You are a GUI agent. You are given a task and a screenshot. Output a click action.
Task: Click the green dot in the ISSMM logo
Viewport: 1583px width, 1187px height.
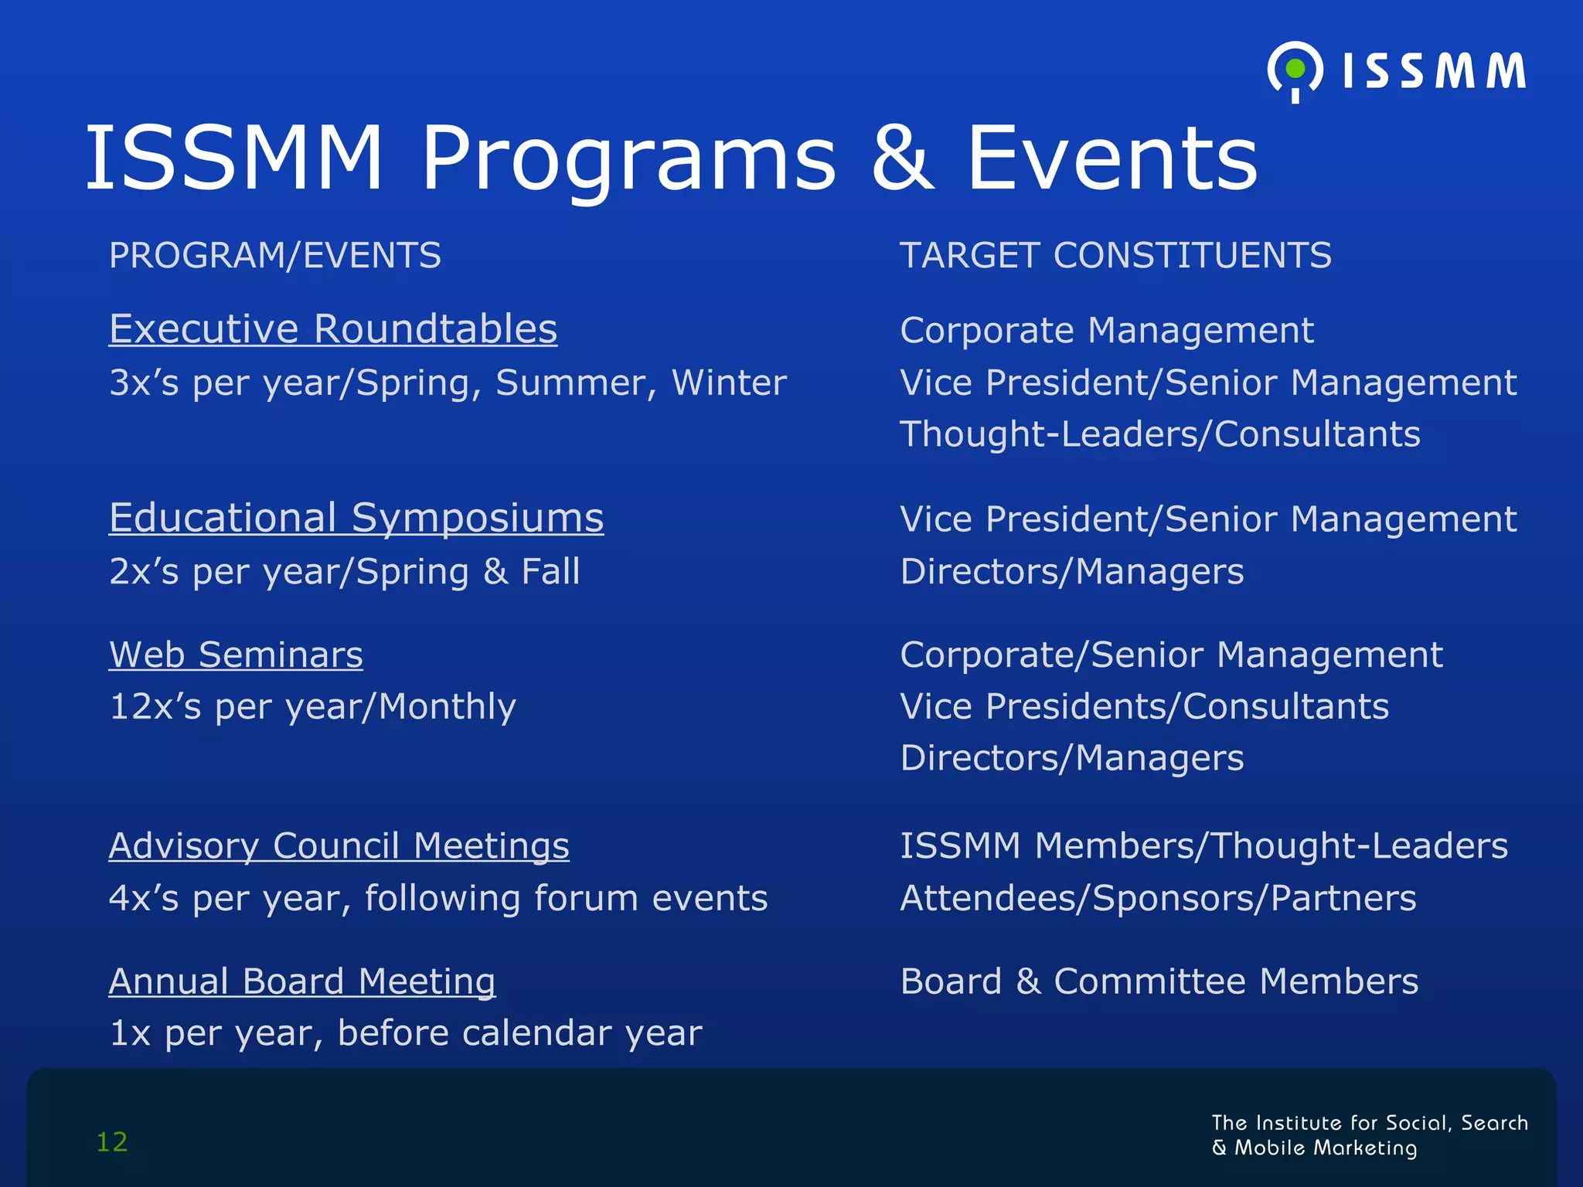[1295, 69]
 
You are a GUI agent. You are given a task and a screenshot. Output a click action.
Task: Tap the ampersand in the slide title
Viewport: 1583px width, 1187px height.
[902, 159]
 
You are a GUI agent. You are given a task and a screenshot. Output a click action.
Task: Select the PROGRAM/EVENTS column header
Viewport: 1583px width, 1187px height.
[275, 256]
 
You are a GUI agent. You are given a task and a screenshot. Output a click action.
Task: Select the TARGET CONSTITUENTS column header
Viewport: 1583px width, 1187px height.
[1115, 256]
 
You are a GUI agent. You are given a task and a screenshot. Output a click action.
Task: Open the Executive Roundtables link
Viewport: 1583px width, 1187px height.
[333, 329]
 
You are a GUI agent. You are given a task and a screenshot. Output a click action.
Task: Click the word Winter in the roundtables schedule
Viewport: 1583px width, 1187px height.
[729, 383]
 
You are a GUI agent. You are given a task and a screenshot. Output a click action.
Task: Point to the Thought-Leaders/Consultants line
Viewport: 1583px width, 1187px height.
[1159, 434]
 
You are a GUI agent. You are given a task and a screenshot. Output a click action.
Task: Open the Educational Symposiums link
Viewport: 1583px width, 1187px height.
[356, 518]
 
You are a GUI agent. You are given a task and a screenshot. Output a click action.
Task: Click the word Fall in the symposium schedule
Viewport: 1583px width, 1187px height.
[550, 572]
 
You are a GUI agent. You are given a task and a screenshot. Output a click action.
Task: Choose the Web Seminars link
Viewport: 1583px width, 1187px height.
[236, 655]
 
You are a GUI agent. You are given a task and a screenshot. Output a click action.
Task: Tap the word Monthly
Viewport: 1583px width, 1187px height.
[448, 706]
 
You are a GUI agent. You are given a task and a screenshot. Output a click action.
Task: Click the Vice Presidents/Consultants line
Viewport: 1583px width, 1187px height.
[1144, 706]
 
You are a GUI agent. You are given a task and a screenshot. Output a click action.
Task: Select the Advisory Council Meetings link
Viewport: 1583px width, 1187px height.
[339, 845]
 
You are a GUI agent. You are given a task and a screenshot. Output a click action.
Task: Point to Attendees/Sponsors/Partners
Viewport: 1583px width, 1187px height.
[1158, 898]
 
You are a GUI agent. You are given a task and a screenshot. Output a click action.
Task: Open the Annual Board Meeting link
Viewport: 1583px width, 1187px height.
[302, 981]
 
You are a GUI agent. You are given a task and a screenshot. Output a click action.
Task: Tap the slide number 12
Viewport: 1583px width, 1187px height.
[112, 1142]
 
